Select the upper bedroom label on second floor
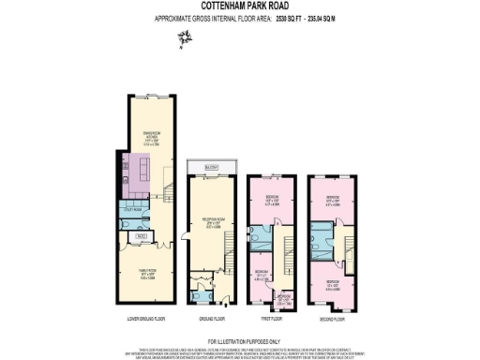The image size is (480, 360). coord(333,198)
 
